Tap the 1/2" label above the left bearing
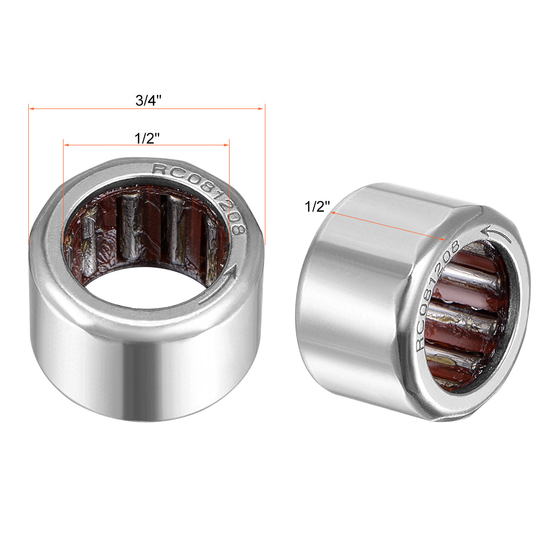[147, 138]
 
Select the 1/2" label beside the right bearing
[317, 206]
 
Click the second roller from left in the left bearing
[130, 227]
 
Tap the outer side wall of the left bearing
[146, 373]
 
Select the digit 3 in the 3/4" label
[139, 100]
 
